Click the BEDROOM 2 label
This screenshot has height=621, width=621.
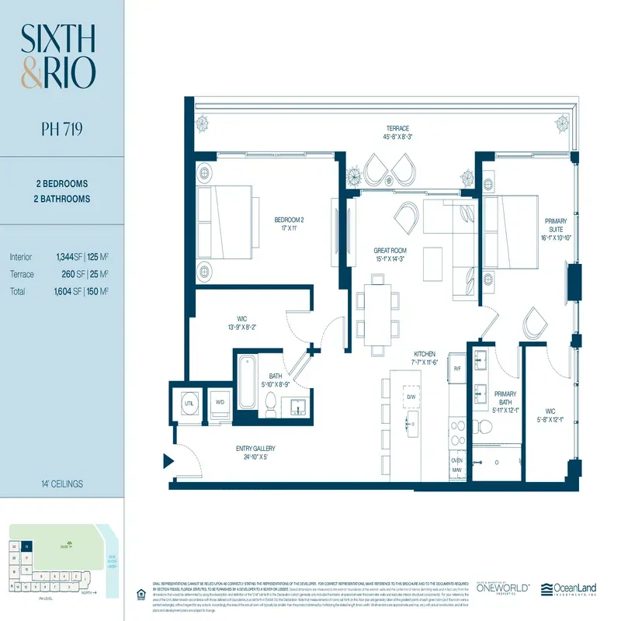point(288,220)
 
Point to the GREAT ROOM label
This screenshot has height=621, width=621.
point(390,250)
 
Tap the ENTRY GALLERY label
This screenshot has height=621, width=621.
point(255,449)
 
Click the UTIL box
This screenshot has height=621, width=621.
point(189,403)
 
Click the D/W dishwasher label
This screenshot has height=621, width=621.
point(411,397)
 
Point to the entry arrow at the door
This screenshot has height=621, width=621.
point(167,462)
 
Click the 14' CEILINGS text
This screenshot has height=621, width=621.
point(58,484)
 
